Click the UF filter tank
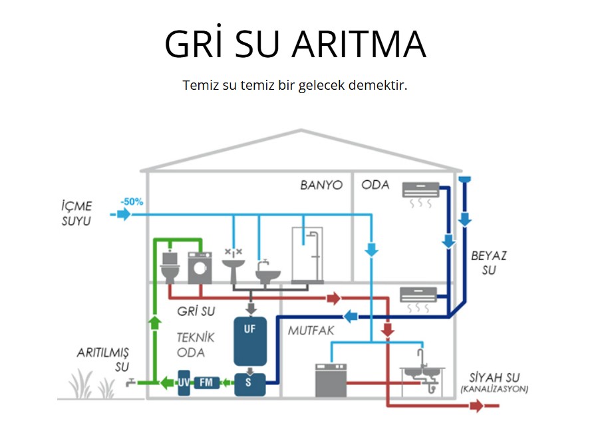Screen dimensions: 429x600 (250, 341)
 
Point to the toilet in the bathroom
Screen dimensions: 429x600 (170, 267)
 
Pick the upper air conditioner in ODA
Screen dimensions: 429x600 (421, 190)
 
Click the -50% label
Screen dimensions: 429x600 (132, 202)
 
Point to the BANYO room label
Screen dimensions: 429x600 (321, 185)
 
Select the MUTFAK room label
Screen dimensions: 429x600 (311, 331)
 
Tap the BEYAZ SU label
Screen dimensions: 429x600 (484, 263)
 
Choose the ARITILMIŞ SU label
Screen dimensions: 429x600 (102, 358)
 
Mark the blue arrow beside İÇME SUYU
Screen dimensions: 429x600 (122, 214)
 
